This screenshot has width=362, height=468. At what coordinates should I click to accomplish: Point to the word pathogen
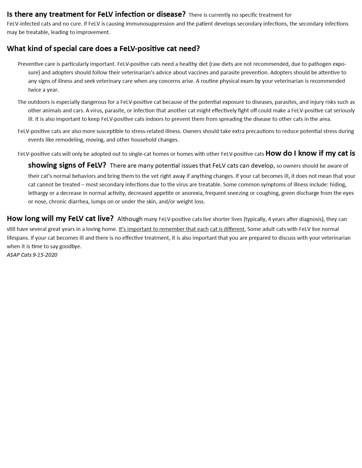pos(320,64)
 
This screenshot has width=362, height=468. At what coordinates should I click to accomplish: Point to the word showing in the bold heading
pos(42,165)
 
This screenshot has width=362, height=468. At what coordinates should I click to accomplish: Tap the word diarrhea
pos(78,202)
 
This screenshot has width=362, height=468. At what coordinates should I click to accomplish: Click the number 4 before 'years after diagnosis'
pos(269,219)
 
